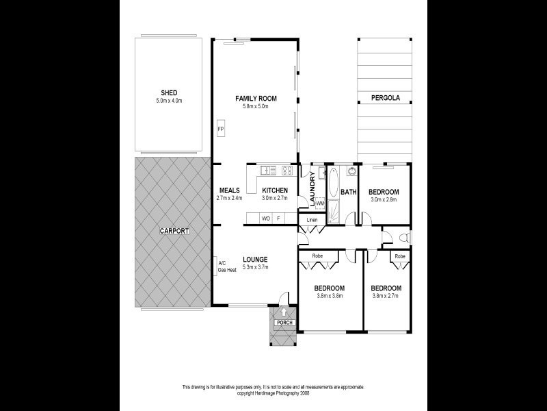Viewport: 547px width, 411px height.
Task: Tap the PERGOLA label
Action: pos(386,98)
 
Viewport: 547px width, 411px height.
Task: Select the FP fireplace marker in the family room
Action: pos(220,129)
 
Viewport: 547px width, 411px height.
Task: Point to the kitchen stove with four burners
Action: pos(288,171)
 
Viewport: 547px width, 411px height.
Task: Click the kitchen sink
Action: pos(267,171)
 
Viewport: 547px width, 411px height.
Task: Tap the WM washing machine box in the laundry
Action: pos(320,203)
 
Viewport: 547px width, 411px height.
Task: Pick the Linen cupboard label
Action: pos(312,219)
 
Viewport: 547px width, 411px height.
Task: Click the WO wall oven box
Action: pos(266,219)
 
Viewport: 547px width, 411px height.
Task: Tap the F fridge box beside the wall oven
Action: pos(278,219)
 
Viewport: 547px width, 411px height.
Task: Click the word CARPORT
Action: pos(174,231)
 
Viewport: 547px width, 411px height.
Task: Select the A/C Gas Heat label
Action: pos(226,266)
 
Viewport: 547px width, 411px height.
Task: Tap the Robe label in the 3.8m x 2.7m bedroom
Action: pos(399,256)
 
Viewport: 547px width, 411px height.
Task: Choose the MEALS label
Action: pos(229,190)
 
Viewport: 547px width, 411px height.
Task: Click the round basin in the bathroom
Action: pos(351,171)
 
